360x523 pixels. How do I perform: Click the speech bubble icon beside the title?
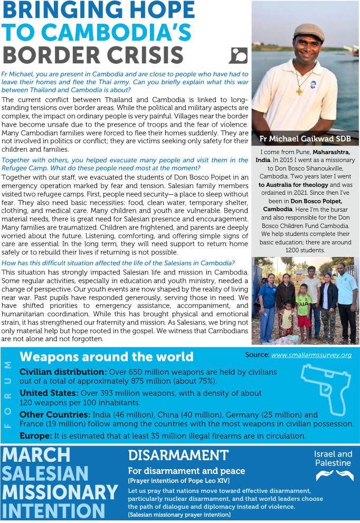[237, 55]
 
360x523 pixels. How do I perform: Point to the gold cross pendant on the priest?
[299, 91]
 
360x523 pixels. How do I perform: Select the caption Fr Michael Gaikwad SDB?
[305, 139]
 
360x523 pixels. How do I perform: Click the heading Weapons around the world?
[107, 357]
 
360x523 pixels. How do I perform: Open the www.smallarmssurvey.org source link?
[311, 355]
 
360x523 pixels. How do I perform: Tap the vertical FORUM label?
[7, 394]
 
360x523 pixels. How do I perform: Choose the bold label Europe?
[36, 436]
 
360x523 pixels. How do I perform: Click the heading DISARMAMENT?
[178, 455]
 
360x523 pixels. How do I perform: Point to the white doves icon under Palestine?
[334, 476]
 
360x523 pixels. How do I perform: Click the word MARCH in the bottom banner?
[36, 455]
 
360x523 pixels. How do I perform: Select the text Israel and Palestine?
[333, 458]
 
